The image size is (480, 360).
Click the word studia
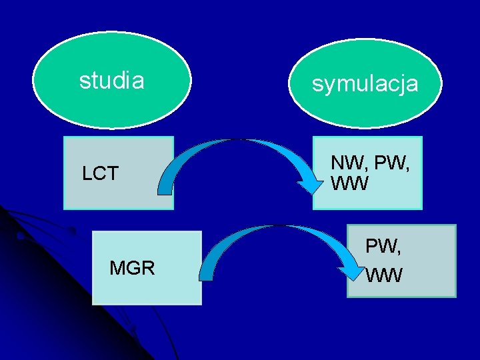(x=111, y=81)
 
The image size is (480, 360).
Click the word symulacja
(x=365, y=84)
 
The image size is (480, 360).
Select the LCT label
(x=100, y=174)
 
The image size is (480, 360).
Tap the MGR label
(x=132, y=269)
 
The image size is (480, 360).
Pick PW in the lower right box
(x=382, y=247)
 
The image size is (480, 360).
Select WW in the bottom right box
(x=384, y=274)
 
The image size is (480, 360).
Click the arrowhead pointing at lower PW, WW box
(x=351, y=271)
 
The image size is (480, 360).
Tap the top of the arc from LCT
(x=240, y=141)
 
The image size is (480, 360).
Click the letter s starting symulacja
(x=317, y=85)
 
